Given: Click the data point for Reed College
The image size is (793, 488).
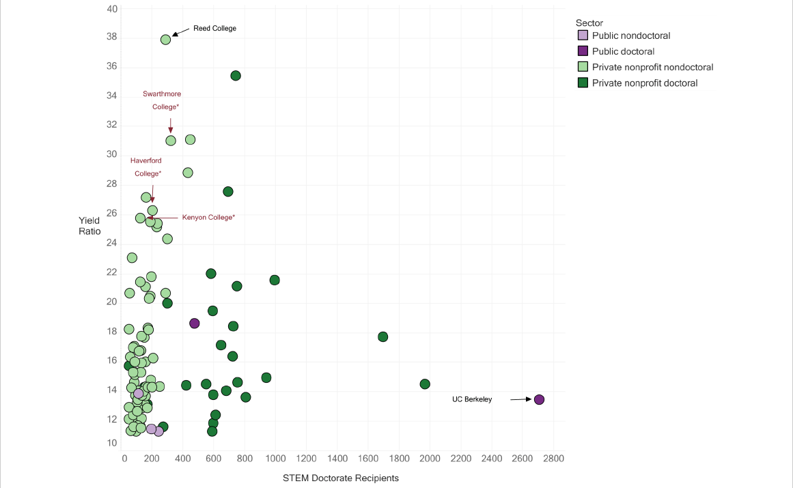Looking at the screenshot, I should [165, 40].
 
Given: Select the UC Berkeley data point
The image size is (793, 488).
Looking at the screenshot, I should [539, 399].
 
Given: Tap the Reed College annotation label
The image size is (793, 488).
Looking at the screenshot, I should [214, 29].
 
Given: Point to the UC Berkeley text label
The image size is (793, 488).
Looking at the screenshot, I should [472, 399].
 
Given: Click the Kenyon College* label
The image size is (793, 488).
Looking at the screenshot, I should [208, 217].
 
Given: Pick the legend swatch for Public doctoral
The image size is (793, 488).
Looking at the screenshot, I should [583, 51].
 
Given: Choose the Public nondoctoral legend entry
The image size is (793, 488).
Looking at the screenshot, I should [630, 35].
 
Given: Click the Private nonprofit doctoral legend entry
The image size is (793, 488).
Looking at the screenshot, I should [644, 83].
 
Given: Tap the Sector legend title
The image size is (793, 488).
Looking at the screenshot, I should [589, 23].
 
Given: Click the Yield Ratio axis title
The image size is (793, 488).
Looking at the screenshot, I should [89, 226].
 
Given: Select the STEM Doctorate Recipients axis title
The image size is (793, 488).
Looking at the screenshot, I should [340, 478].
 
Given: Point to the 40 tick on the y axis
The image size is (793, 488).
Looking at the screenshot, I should [112, 9].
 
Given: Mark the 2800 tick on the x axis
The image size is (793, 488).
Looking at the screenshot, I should [553, 458].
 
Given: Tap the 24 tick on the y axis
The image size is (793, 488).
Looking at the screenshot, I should [112, 243].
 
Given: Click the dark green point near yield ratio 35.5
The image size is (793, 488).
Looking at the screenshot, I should [236, 76].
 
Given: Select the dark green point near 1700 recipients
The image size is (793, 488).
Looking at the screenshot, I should [382, 336].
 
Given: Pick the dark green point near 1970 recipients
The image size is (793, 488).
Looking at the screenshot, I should [425, 384].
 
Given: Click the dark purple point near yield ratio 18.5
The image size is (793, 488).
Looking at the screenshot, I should [194, 324].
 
